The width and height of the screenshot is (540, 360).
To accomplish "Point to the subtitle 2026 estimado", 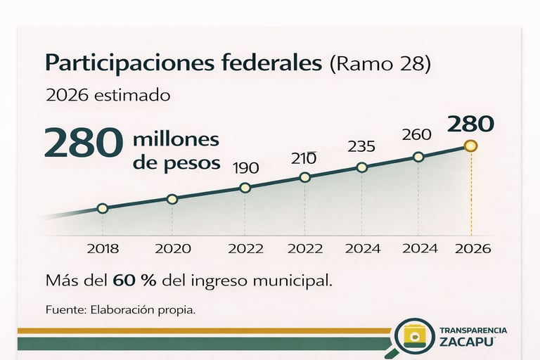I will [108, 95].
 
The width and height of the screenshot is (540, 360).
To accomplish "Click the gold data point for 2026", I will [471, 146].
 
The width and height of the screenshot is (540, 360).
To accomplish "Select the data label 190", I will [245, 168].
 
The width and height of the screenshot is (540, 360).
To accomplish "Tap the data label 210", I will [304, 159].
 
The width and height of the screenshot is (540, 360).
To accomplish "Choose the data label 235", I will [361, 147].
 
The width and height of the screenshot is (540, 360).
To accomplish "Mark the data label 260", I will [417, 134].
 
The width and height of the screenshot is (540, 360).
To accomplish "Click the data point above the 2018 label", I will [103, 208].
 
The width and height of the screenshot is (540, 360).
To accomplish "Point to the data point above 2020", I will [172, 199].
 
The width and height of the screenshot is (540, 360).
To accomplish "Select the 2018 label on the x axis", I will [103, 248].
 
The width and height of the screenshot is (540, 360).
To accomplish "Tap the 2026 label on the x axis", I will [472, 248].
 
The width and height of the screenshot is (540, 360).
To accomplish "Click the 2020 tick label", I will [172, 248].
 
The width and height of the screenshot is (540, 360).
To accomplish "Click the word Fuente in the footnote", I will [63, 310].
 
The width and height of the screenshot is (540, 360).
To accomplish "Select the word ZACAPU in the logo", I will [466, 342].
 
